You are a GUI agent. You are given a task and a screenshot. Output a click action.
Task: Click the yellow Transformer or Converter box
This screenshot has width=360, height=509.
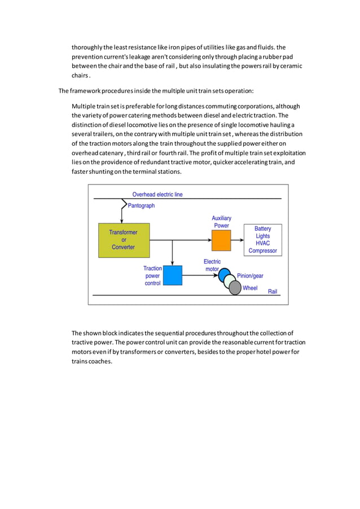point(123,239)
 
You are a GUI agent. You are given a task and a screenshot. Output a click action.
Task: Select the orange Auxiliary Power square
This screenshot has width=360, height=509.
point(221,240)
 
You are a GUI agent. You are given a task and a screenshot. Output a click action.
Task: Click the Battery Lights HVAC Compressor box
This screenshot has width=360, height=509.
point(262,239)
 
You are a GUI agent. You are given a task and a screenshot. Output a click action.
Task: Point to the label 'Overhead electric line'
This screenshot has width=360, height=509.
point(157,194)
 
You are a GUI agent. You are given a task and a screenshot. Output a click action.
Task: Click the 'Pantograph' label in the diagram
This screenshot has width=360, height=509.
point(141,205)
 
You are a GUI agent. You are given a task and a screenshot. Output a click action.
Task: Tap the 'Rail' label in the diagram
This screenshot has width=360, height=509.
point(273,291)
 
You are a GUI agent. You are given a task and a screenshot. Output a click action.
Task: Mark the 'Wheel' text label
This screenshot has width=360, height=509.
point(250,288)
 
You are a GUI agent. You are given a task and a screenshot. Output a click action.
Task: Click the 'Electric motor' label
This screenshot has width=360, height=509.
point(212,265)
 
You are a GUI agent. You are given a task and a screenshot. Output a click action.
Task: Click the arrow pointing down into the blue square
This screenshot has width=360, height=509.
point(172,261)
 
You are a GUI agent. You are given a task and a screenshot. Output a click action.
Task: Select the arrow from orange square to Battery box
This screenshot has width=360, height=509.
point(237,240)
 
